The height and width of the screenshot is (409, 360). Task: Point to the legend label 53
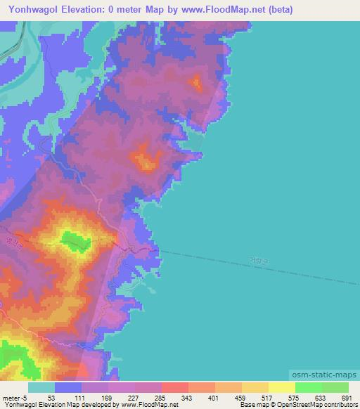pyautogui.click(x=51, y=398)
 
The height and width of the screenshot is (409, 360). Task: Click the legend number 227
pyautogui.click(x=133, y=398)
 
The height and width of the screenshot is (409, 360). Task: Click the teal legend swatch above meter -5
pyautogui.click(x=41, y=387)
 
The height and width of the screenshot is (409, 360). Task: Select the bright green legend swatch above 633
pyautogui.click(x=308, y=387)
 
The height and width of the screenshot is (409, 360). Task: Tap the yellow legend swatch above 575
pyautogui.click(x=281, y=387)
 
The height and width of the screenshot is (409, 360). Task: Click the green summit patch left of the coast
pyautogui.click(x=75, y=241)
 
